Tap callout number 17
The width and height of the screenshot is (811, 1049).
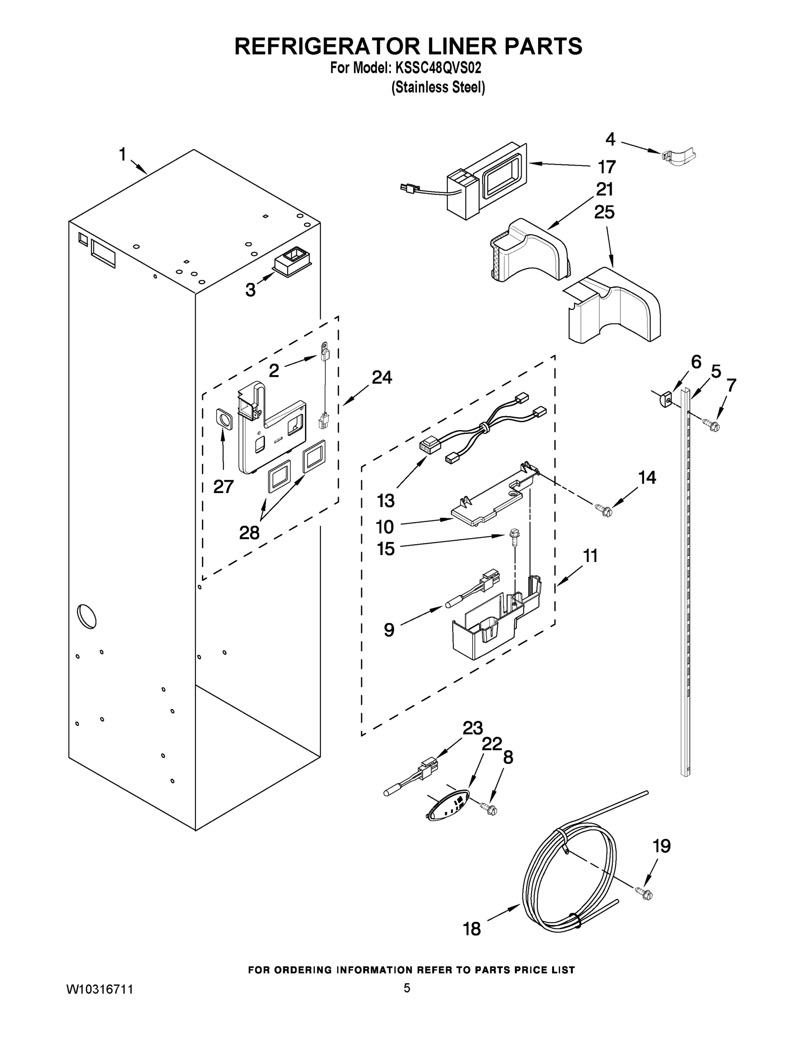pyautogui.click(x=606, y=167)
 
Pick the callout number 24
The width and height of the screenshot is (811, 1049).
pyautogui.click(x=382, y=378)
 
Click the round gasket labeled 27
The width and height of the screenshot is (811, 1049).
pyautogui.click(x=223, y=419)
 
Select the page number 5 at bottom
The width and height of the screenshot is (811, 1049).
pyautogui.click(x=407, y=988)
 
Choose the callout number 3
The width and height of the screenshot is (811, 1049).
pyautogui.click(x=251, y=290)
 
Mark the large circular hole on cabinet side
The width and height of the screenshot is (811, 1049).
pyautogui.click(x=87, y=615)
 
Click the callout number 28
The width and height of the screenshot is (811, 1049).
pyautogui.click(x=249, y=532)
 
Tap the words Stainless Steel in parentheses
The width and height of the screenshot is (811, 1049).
pyautogui.click(x=438, y=87)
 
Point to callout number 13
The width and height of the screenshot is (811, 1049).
pyautogui.click(x=385, y=500)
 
